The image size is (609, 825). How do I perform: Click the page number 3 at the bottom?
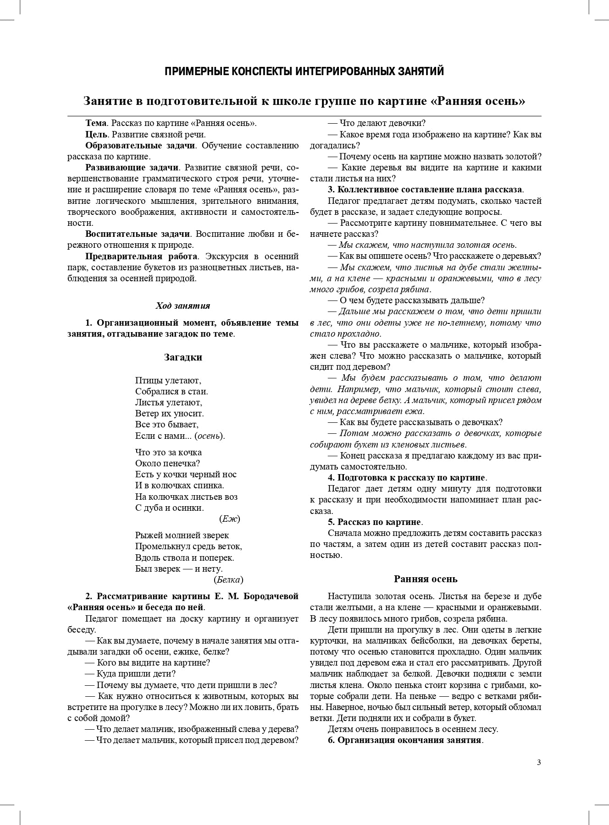pos(539,763)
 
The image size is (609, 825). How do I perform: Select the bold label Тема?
pos(96,123)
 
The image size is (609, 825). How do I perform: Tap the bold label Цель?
pos(96,135)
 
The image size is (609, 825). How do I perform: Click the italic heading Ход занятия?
pos(183,306)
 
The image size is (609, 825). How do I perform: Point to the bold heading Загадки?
pos(183,357)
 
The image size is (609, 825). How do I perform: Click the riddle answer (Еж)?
pos(230,519)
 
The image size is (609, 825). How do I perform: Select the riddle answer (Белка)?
pos(228,580)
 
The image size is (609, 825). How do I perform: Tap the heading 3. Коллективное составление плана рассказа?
pos(425,190)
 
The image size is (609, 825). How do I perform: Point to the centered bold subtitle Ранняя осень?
pos(426,579)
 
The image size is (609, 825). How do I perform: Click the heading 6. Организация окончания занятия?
pos(405,741)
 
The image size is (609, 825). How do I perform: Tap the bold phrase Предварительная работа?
pos(142,256)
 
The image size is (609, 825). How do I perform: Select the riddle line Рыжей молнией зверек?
pos(182,535)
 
